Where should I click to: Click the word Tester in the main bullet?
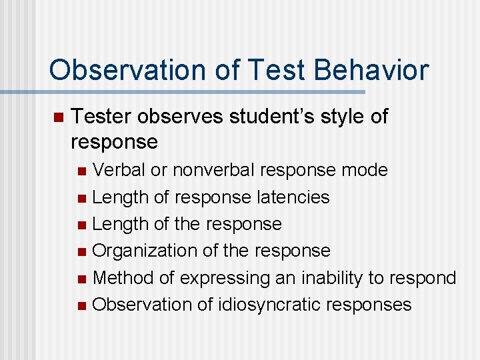101,117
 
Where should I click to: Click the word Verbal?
119,170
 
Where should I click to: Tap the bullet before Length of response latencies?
81,198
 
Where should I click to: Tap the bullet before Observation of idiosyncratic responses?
81,305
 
